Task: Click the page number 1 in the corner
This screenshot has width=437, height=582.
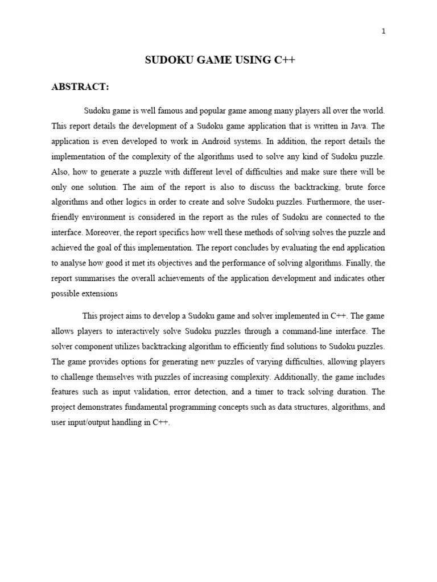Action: [x=384, y=31]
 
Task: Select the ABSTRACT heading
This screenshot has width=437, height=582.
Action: [x=80, y=86]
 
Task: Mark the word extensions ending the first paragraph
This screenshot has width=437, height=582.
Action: [x=101, y=294]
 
